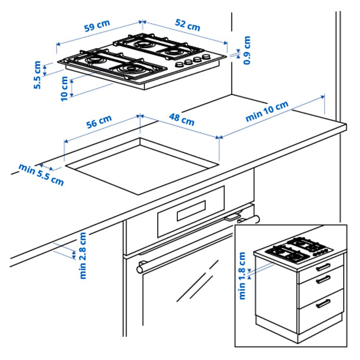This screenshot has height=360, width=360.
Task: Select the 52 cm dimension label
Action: pos(188,25)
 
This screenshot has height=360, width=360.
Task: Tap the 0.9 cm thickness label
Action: pos(247,50)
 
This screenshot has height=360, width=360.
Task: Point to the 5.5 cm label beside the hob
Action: pos(37,75)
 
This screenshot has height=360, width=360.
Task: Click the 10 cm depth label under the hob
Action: pos(64,88)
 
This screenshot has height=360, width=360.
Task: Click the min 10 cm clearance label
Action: pos(267,112)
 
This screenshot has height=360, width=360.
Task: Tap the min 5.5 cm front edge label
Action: pos(41,174)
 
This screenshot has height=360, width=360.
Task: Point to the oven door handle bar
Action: pos(198,242)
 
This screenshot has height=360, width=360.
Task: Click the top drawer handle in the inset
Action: pos(323,266)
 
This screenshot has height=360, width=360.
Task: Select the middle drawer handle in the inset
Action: pos(323,280)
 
